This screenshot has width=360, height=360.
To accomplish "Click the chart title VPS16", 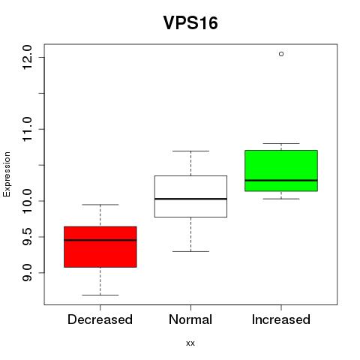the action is (x=190, y=22).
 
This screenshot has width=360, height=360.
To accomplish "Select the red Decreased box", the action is (x=100, y=247).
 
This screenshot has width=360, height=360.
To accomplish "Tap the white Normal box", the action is (x=190, y=196).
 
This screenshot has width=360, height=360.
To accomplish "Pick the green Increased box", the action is (x=281, y=171).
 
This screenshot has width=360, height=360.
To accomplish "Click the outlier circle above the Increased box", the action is (x=281, y=54).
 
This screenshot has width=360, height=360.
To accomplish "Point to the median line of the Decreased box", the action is (x=100, y=240).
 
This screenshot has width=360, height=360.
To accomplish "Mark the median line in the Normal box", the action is (x=190, y=199).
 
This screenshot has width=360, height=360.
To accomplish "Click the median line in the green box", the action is (x=281, y=180).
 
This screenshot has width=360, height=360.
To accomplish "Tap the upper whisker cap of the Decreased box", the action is (x=100, y=205).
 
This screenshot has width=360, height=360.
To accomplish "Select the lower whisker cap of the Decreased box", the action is (x=100, y=295).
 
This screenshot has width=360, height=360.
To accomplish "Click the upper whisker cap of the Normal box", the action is (x=190, y=151).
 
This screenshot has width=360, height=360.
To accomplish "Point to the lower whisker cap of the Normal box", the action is (x=190, y=251).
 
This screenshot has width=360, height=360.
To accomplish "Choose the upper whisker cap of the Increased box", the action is (x=281, y=143).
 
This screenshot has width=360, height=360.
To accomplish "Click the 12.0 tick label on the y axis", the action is (x=27, y=57).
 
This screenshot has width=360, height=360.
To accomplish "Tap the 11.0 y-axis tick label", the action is (x=27, y=129).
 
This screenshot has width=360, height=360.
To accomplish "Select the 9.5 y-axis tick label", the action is (x=27, y=237).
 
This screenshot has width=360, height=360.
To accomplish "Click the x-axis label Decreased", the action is (x=100, y=319).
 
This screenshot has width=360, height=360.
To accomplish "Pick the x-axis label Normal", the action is (x=190, y=319).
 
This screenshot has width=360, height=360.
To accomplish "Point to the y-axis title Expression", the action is (x=7, y=174).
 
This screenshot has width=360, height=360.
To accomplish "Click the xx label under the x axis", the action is (x=190, y=343).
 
